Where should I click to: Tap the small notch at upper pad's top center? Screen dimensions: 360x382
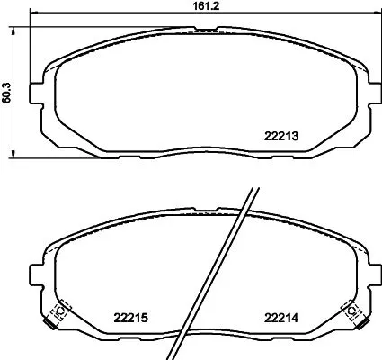pos(203,35)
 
